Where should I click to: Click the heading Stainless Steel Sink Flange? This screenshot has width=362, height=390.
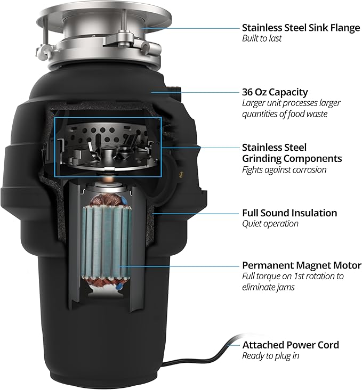[x=301, y=28]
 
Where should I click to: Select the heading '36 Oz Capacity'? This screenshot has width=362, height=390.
[x=275, y=92]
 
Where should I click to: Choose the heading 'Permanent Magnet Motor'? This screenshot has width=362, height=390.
[x=302, y=265]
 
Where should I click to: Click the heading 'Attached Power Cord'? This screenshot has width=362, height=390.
[x=291, y=345]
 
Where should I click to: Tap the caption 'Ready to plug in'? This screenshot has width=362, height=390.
[x=270, y=356]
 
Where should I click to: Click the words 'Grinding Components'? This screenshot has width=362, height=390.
[x=292, y=158]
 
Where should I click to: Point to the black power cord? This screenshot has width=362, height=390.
[x=208, y=357]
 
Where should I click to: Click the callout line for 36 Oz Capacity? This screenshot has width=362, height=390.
[x=194, y=92]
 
